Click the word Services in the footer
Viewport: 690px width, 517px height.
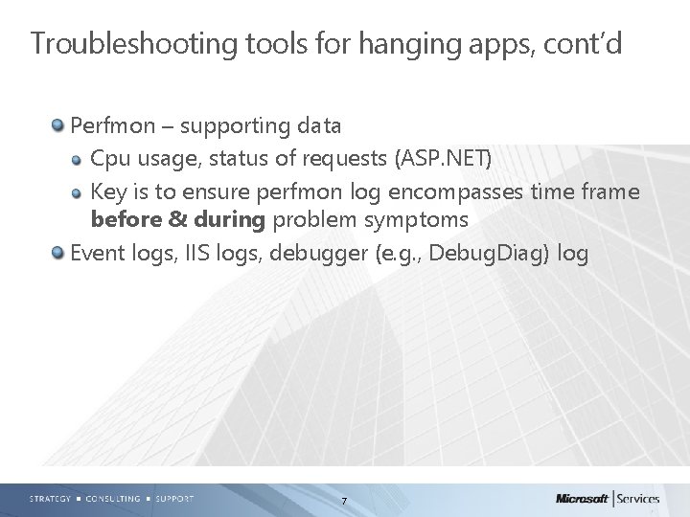point(652,499)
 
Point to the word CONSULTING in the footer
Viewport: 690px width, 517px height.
point(112,499)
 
